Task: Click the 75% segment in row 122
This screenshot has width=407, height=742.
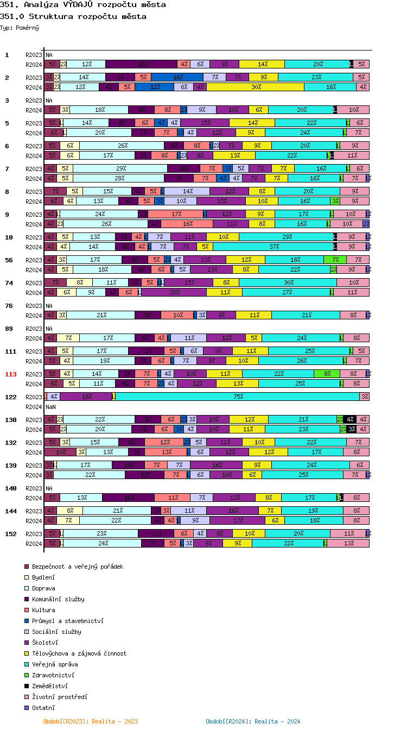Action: tap(238, 397)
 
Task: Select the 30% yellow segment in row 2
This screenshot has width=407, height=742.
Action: tap(256, 87)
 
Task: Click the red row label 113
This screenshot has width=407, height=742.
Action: tap(11, 374)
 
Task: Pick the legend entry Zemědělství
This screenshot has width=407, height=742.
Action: tap(49, 686)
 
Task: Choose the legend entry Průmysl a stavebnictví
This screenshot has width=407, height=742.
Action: tap(67, 621)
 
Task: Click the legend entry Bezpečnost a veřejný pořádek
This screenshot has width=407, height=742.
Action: tap(77, 567)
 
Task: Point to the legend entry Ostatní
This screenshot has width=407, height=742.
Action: tap(43, 708)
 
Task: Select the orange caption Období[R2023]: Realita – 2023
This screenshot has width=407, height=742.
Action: tap(90, 721)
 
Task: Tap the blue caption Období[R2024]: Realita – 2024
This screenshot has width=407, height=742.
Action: tap(253, 721)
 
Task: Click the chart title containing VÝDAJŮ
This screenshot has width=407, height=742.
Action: tap(83, 5)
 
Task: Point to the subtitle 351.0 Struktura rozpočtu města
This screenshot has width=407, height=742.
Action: tap(73, 16)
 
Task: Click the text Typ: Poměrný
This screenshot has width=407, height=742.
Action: tap(20, 28)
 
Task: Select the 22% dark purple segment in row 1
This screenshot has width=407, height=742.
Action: tap(142, 64)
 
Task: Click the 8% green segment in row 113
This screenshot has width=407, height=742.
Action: tap(327, 374)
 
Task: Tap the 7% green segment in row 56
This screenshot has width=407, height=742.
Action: tap(335, 260)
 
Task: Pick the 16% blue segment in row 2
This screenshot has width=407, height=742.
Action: tap(177, 77)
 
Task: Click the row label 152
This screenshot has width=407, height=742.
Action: tap(11, 534)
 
